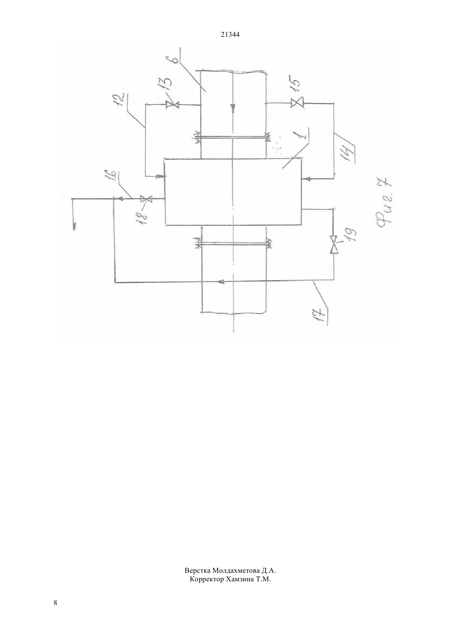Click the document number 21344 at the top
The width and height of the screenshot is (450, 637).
(x=230, y=35)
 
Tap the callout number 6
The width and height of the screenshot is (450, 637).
(x=175, y=59)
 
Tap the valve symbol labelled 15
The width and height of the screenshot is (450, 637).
(x=297, y=103)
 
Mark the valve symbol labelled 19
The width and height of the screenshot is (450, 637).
(x=334, y=244)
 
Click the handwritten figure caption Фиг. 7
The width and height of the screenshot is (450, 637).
(x=385, y=202)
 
